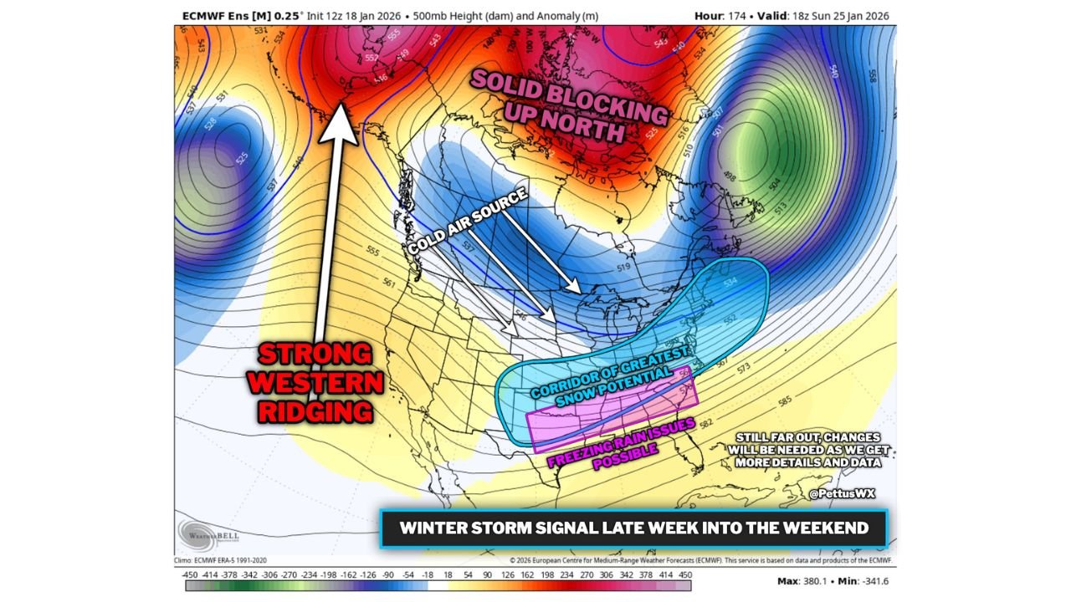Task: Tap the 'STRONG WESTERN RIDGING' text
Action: point(315,382)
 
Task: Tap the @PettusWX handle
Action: point(842,493)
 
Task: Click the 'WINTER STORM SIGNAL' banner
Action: point(633,528)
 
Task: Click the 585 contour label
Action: point(784,400)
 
